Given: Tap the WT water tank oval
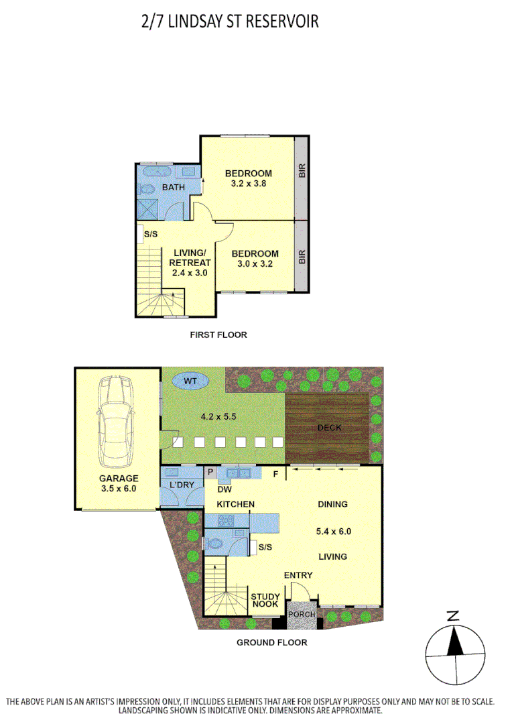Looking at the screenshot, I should click(x=190, y=381).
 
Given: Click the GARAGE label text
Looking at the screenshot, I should click(x=118, y=479).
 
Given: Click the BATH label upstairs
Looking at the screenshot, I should click(x=173, y=187).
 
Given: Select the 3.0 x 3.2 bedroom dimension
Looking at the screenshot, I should click(x=255, y=263).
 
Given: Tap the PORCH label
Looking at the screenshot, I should click(x=301, y=615).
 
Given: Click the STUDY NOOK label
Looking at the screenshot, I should click(x=264, y=600).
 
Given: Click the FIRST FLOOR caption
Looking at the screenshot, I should click(x=218, y=335).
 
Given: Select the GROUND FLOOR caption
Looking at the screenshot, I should click(x=272, y=642).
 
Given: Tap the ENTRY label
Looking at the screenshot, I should click(x=298, y=575).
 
